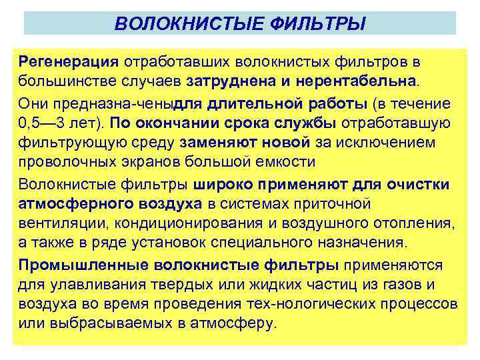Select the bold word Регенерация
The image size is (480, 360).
tap(69, 61)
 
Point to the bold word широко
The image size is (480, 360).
tap(226, 184)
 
